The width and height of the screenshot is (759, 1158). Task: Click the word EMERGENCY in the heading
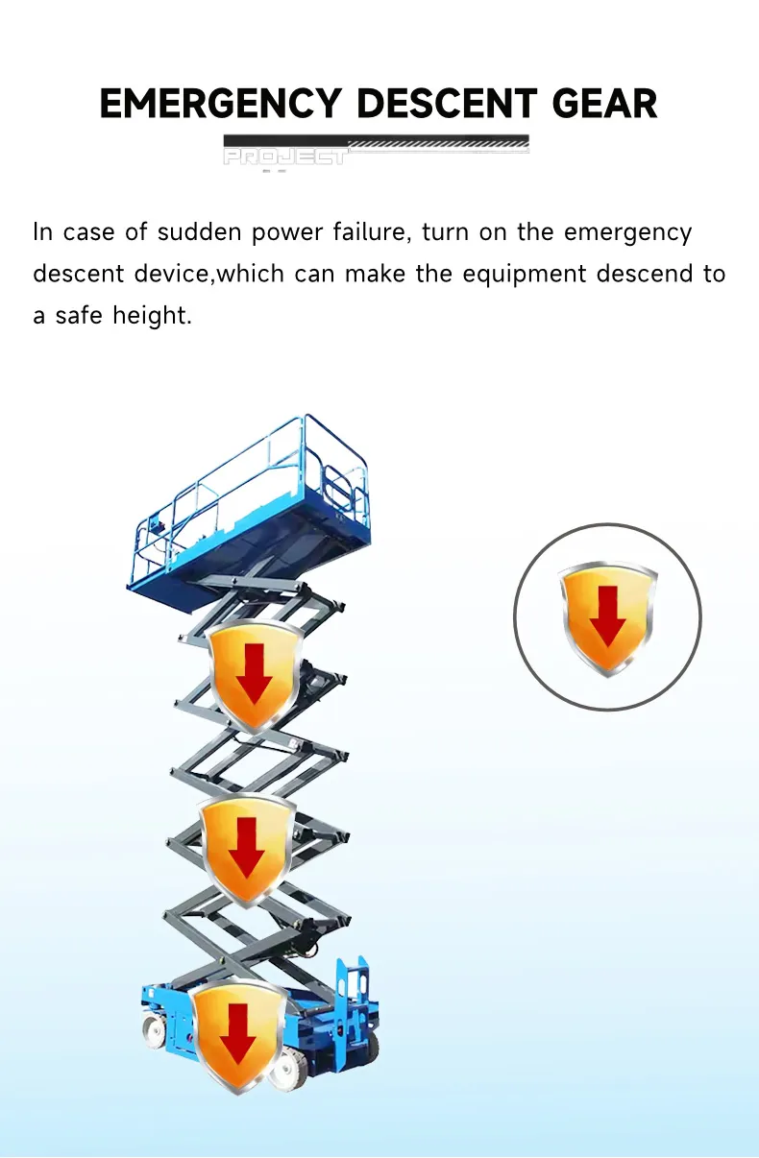click(x=220, y=104)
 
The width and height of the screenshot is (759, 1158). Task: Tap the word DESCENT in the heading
click(x=448, y=104)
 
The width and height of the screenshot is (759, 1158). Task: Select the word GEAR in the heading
click(x=604, y=104)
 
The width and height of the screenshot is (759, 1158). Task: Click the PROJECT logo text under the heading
click(x=285, y=157)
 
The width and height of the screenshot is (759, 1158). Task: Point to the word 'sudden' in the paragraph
click(x=199, y=232)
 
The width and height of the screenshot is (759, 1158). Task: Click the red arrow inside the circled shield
click(x=607, y=615)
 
